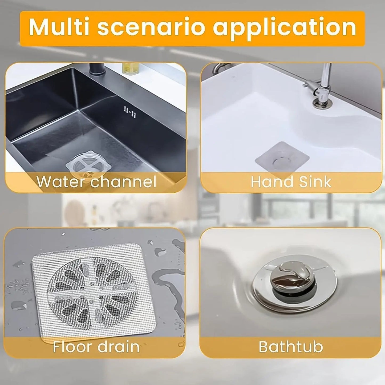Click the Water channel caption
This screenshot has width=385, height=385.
[x=96, y=181]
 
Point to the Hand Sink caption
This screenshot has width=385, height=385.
[x=291, y=181]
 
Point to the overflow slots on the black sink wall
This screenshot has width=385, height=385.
[x=129, y=111]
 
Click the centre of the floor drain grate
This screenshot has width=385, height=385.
[x=92, y=289]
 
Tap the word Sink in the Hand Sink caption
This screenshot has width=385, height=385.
[x=313, y=181]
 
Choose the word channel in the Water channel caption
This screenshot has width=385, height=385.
[x=123, y=181]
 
